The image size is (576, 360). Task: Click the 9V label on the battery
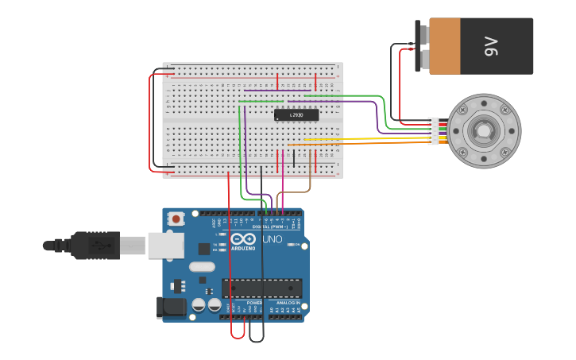(490, 46)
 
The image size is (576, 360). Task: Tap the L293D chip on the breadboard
(296, 115)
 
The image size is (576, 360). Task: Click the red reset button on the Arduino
(175, 217)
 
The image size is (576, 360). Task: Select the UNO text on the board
(272, 239)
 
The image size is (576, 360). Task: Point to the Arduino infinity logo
(243, 238)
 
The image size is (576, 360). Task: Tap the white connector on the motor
(433, 131)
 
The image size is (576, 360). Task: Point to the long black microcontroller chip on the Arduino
(261, 288)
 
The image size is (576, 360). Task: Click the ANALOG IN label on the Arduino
(288, 303)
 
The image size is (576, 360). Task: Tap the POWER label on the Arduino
(253, 303)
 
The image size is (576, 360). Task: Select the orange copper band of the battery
(445, 46)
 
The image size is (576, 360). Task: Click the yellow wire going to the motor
(373, 139)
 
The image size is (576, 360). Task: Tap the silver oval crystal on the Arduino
(202, 267)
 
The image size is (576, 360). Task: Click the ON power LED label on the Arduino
(296, 245)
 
